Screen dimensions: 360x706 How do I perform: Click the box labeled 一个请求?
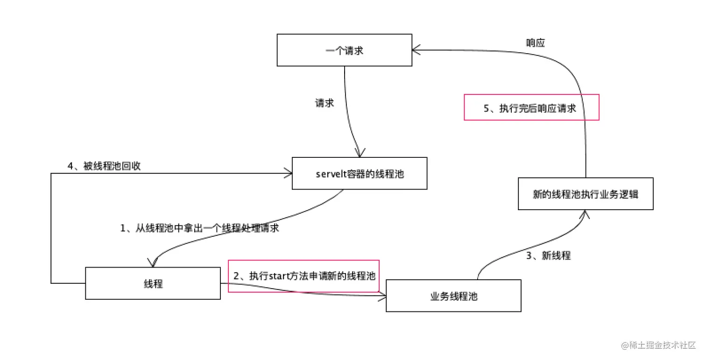point(345,50)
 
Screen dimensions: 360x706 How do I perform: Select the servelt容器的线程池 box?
point(360,173)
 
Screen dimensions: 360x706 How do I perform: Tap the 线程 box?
point(153,283)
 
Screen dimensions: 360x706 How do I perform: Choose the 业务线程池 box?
point(453,296)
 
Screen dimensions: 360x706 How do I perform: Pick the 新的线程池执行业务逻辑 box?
point(586,194)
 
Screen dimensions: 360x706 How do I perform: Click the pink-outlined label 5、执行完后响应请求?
point(531,107)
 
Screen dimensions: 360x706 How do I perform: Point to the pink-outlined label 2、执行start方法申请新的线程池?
point(304,276)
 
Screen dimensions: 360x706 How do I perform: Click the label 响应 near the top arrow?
point(535,43)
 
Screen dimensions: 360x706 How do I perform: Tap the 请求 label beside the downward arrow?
point(325,103)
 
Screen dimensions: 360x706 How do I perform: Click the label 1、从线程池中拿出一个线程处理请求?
point(200,228)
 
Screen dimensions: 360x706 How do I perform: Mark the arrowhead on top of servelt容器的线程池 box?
point(359,153)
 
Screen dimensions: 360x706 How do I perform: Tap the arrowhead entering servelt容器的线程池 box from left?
point(288,174)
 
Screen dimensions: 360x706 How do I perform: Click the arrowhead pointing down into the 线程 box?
point(153,263)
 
